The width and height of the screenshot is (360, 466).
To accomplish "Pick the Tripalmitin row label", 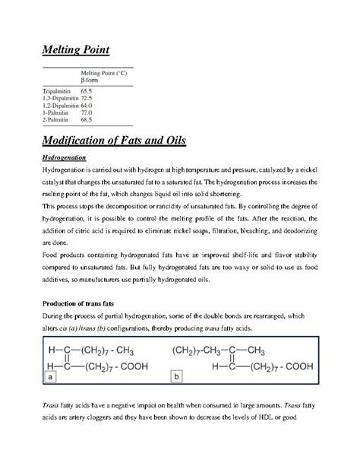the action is (x=53, y=90).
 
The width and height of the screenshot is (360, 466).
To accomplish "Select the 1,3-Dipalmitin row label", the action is (x=58, y=97).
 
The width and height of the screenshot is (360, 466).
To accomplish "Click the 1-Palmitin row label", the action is (x=52, y=113).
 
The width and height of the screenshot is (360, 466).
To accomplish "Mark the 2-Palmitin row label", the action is (x=52, y=120).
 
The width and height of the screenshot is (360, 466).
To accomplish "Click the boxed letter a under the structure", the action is (x=49, y=397).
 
